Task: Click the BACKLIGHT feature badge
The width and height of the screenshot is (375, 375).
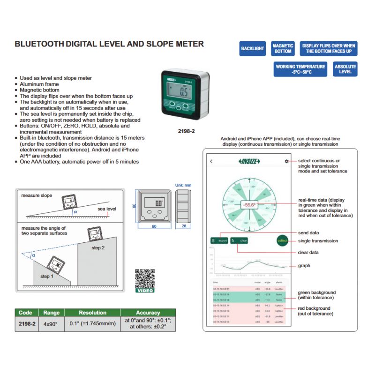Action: [253, 48]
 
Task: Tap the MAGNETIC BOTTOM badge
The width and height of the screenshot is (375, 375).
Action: [283, 48]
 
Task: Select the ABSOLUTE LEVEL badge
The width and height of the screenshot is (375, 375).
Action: [345, 69]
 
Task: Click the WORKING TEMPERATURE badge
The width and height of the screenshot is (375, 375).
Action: [300, 69]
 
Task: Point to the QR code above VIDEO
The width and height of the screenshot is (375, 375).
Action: [145, 278]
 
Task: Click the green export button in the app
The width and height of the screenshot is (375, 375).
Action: [219, 240]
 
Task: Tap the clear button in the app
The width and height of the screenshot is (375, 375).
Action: [239, 240]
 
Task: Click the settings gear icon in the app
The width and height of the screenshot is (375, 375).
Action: [286, 161]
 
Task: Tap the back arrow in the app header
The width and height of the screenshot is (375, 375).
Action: [211, 161]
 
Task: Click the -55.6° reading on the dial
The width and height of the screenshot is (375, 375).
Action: [249, 205]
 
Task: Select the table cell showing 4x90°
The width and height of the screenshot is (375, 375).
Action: [52, 323]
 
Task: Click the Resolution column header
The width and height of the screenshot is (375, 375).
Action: [92, 313]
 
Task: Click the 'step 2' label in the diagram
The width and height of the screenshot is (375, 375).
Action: [98, 247]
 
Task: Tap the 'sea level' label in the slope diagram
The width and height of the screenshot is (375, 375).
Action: [106, 209]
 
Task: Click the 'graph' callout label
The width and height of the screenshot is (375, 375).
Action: [304, 266]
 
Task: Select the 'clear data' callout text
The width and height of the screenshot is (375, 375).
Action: [308, 252]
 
